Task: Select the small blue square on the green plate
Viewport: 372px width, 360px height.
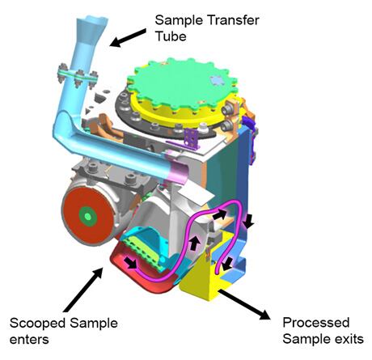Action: [x=215, y=80]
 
